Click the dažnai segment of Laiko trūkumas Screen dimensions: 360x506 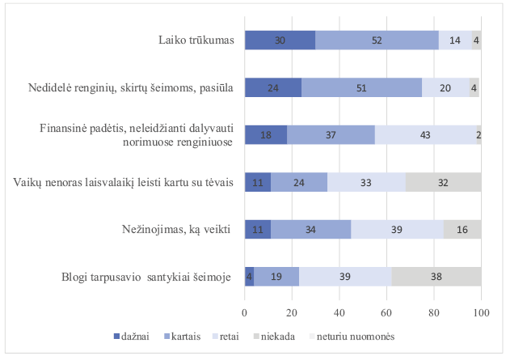(280, 40)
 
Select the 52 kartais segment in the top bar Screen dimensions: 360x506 (377, 40)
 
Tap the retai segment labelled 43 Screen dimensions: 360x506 (425, 135)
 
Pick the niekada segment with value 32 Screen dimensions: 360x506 (443, 182)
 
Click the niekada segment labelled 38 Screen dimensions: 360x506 (436, 277)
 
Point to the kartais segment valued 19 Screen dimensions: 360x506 (276, 277)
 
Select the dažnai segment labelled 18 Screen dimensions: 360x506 (266, 135)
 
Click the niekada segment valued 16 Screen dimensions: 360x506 (462, 230)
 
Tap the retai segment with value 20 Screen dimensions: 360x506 (445, 88)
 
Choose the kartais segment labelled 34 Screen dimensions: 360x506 (310, 230)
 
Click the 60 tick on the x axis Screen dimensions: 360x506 (386, 311)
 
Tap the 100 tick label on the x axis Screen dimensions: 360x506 (481, 311)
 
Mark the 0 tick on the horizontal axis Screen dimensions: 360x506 (244, 311)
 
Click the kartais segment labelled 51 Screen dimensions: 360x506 (361, 88)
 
